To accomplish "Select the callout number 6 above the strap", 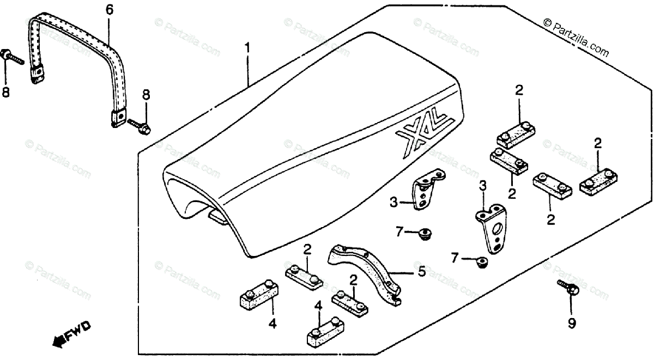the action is tap(109, 9).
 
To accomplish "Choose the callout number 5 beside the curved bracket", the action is tap(421, 271).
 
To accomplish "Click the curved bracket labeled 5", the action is tap(365, 272).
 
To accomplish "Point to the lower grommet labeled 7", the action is tap(481, 263).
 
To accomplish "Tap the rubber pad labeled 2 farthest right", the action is tap(598, 179).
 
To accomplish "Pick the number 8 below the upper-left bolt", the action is tap(6, 93).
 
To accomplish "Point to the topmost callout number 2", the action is tap(519, 90).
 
